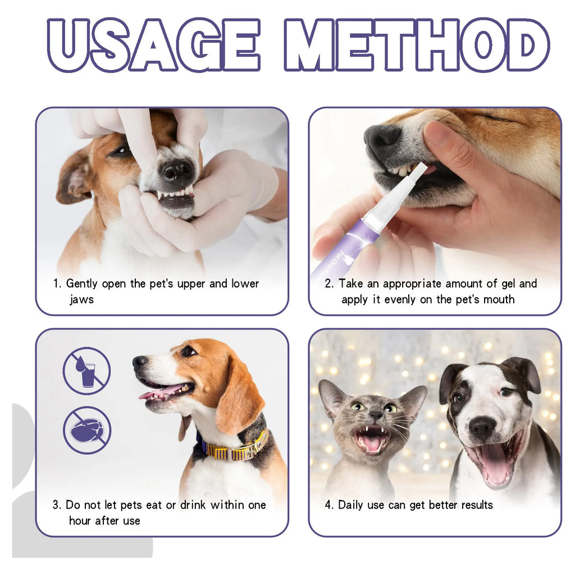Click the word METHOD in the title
pyautogui.click(x=416, y=45)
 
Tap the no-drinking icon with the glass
pyautogui.click(x=86, y=371)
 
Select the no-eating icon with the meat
pyautogui.click(x=86, y=431)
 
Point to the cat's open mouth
pyautogui.click(x=371, y=439)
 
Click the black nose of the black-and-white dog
pyautogui.click(x=482, y=428)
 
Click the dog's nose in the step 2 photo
pyautogui.click(x=382, y=136)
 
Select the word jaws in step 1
pyautogui.click(x=81, y=299)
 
